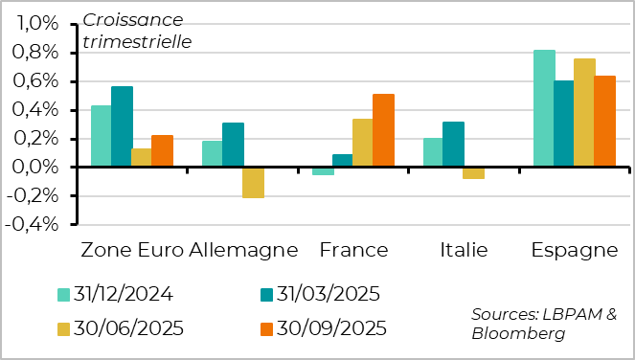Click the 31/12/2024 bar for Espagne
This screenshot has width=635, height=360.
544,109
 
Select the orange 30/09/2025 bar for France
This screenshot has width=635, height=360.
383,131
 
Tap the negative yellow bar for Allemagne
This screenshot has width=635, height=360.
253,183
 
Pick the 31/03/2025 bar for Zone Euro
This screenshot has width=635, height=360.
122,127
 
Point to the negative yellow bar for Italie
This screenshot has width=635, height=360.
473,173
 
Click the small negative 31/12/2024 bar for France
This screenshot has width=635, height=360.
323,171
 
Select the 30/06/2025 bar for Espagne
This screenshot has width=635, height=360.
584,113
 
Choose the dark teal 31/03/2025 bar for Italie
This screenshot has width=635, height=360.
453,145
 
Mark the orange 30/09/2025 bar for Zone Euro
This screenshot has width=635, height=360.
162,151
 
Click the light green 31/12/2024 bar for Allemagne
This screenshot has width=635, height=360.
213,154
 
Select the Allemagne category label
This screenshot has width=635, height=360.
243,251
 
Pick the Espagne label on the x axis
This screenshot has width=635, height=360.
575,251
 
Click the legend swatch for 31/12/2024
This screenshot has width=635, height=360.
64,294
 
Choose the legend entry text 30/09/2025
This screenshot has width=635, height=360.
330,328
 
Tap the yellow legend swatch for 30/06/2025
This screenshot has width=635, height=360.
64,328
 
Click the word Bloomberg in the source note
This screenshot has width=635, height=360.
517,333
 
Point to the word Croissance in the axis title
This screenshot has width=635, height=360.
134,18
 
